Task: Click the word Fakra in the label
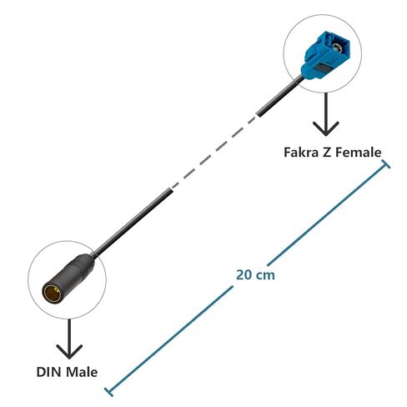[301, 153]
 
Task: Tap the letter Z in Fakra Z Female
[326, 153]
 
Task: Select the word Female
[358, 153]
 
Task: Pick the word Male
[82, 372]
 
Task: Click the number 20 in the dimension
[244, 275]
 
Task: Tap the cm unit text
[265, 276]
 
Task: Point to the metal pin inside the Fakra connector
[338, 48]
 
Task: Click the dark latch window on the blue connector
[323, 68]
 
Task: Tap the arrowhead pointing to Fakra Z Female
[325, 128]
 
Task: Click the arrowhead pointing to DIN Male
[69, 351]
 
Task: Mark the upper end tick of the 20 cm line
[385, 164]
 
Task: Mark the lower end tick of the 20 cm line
[109, 392]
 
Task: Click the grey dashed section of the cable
[214, 153]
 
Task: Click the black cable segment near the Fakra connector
[280, 96]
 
